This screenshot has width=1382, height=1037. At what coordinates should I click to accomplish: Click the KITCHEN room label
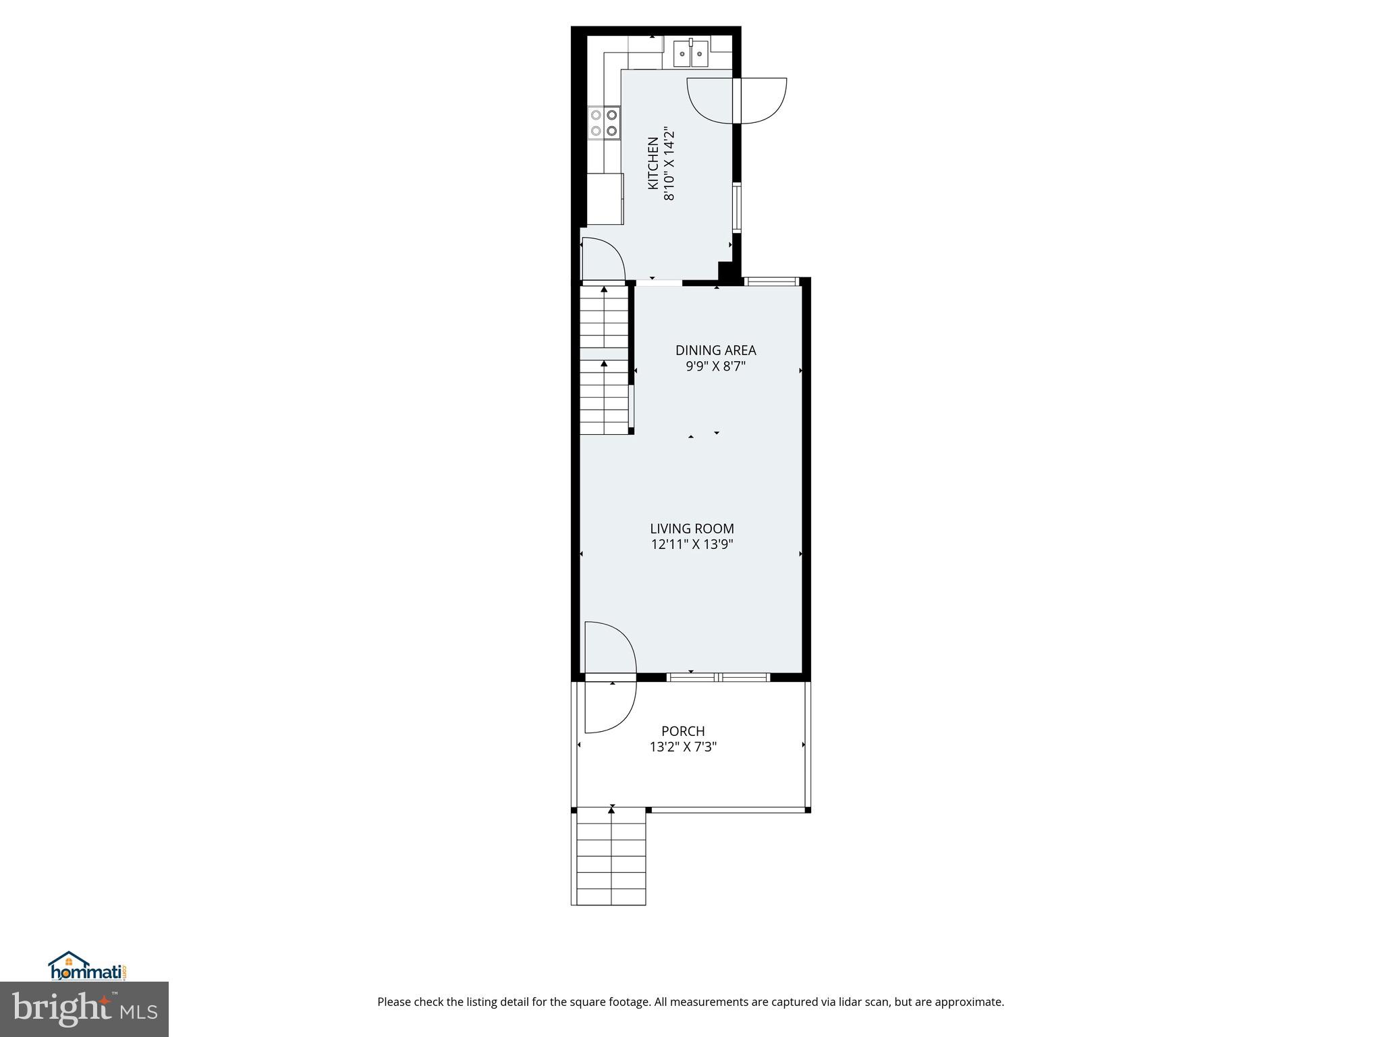[653, 163]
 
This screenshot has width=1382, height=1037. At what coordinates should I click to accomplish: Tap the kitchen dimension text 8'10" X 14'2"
[669, 163]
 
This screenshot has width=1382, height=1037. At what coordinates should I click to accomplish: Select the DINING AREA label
[715, 350]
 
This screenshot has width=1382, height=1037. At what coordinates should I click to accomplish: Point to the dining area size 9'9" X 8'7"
[715, 367]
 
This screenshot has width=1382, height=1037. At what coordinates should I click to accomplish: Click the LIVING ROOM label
[692, 529]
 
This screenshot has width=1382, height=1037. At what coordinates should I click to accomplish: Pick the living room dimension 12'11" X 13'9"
[692, 545]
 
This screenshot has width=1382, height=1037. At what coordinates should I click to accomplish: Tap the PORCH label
[683, 731]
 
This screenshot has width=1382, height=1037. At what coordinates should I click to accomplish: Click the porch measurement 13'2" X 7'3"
[683, 747]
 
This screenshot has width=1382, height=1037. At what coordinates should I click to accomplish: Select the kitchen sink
[691, 53]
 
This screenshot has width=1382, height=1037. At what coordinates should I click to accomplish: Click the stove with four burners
[132, 123]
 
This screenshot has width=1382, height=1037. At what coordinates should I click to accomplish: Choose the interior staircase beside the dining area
[605, 361]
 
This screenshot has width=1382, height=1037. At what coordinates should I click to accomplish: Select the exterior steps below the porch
[609, 857]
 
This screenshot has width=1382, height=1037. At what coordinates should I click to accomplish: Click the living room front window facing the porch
[718, 677]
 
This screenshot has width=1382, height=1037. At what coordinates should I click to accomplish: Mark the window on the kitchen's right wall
[738, 207]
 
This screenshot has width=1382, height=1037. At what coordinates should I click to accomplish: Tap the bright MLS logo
[84, 1009]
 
